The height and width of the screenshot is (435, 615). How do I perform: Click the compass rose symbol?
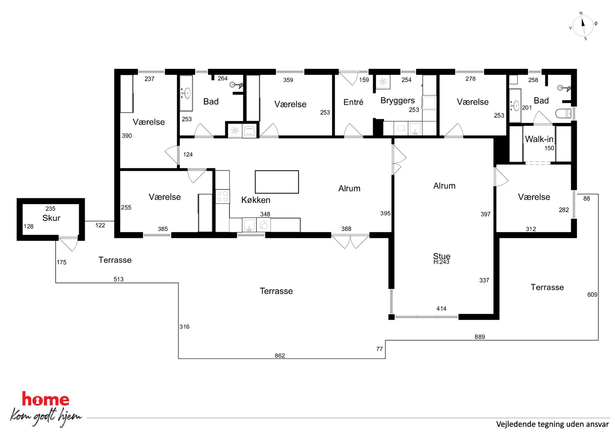point(583,26)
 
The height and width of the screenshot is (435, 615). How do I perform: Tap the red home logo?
point(46,399)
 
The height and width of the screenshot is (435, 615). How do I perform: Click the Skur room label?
point(51,218)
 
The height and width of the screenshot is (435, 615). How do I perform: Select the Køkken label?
point(256,200)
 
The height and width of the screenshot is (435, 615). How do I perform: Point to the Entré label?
point(353,102)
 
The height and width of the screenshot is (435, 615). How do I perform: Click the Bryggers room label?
point(397,101)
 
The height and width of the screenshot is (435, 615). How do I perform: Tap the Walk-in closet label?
point(539,139)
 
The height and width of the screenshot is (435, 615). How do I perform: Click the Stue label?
point(441,256)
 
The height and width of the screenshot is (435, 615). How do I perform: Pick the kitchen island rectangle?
point(277,182)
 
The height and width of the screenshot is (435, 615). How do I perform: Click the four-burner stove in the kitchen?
point(223,196)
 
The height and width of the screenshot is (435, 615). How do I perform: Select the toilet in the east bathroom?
point(563,113)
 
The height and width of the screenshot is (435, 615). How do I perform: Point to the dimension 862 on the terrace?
point(280,355)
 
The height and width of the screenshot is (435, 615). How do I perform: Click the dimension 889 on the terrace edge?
point(480,337)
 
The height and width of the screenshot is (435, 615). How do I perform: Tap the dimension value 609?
point(592,295)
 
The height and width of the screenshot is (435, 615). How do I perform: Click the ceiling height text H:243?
point(441,262)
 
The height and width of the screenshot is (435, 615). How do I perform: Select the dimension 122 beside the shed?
point(100,225)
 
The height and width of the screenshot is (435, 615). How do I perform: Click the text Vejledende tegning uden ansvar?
point(552,424)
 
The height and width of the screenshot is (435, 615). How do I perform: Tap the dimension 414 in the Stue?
point(441,308)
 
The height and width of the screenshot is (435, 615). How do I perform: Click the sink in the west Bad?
point(186,93)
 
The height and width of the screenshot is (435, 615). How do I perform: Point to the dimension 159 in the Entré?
point(364,80)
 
